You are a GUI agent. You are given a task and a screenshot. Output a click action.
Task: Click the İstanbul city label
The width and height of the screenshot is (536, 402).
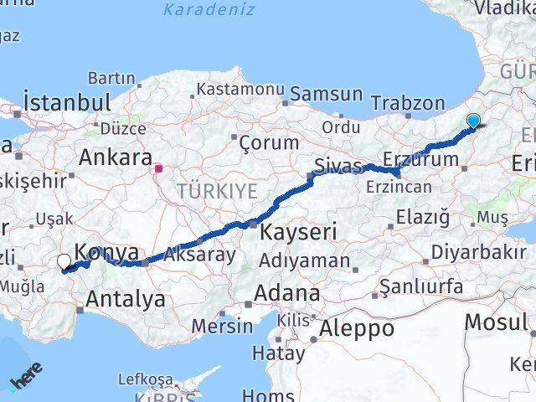[x=68, y=103]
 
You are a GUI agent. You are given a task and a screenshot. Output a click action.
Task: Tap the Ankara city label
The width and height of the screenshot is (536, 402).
[x=116, y=157]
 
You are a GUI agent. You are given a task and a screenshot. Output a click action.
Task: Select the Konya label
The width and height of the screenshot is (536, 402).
[x=108, y=250]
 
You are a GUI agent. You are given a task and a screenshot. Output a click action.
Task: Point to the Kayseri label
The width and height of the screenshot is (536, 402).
[x=298, y=231]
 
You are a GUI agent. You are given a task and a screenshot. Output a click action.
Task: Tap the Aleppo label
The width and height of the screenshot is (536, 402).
[x=357, y=327]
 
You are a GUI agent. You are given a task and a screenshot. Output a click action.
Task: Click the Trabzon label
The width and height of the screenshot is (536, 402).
[x=408, y=103]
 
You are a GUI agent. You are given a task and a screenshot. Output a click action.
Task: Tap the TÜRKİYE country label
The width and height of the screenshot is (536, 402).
[x=217, y=191]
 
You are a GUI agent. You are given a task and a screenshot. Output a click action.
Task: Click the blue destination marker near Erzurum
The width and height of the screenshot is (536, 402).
[x=473, y=121]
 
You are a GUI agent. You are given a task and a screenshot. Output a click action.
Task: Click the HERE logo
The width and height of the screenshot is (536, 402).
[x=25, y=381]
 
